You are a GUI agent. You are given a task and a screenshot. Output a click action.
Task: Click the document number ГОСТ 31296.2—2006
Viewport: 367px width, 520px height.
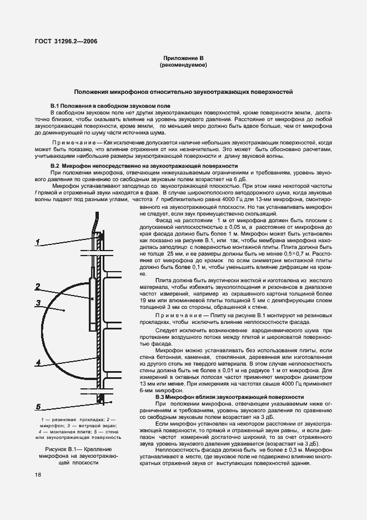click(66, 41)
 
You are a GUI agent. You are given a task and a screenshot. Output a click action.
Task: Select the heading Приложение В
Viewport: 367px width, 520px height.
click(183, 58)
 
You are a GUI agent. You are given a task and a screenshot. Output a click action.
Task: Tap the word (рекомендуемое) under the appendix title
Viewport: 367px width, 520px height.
click(183, 65)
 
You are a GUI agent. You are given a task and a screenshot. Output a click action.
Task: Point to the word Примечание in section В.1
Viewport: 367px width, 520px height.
click(74, 143)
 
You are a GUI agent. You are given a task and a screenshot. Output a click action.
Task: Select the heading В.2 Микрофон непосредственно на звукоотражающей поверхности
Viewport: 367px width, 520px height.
click(136, 166)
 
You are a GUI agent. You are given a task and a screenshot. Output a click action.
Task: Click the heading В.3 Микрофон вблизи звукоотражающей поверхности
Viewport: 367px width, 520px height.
click(229, 397)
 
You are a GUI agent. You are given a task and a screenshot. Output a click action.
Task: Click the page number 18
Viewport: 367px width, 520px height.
click(38, 474)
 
